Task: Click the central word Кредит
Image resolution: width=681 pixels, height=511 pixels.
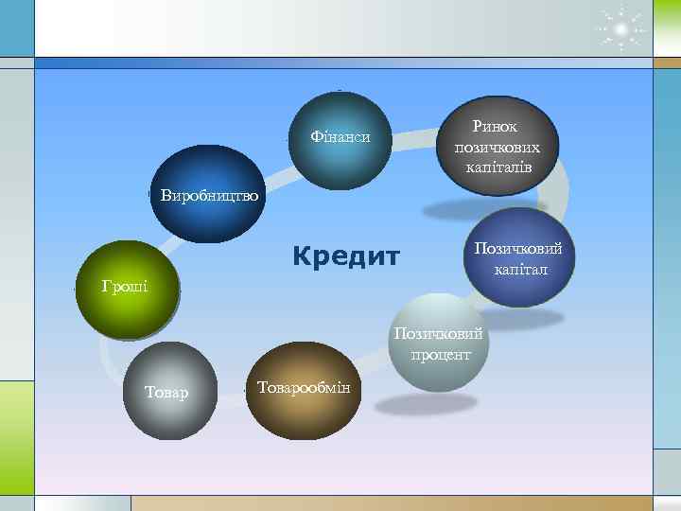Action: point(346,256)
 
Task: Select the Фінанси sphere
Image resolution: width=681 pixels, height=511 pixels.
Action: point(340,138)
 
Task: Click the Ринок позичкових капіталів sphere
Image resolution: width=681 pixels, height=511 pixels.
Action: point(498,144)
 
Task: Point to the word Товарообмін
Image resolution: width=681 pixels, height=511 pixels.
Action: point(303,387)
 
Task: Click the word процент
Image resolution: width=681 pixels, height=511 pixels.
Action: point(440,355)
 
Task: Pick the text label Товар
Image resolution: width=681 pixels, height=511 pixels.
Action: point(166,392)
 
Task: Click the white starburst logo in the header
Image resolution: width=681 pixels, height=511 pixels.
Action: point(620,31)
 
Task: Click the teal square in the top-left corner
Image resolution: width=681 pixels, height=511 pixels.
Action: point(16,27)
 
